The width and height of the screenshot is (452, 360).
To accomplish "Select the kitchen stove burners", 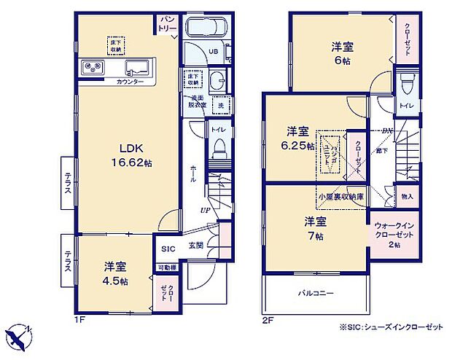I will pos(95,69).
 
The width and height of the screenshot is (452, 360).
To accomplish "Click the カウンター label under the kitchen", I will pos(130,82).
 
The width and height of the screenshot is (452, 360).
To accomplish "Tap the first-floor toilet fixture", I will pos(219,152).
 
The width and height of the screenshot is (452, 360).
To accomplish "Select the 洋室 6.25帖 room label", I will pos(300,138).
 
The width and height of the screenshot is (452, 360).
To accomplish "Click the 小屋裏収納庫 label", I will pos(340,197).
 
